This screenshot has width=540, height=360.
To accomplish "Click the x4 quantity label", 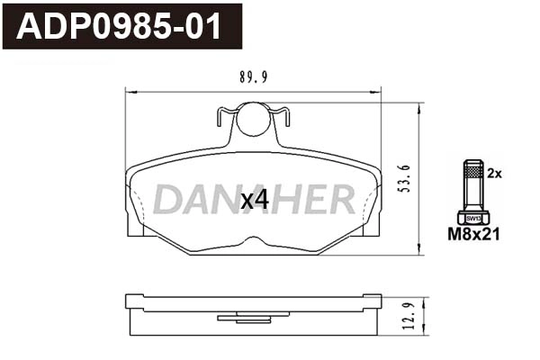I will pyautogui.click(x=256, y=200).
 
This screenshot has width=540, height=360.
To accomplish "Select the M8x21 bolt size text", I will pyautogui.click(x=473, y=235).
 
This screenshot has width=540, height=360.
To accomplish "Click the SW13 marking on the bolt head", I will pyautogui.click(x=472, y=217).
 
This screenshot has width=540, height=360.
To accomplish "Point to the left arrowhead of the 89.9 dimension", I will pyautogui.click(x=127, y=91).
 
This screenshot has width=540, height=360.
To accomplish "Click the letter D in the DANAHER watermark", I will pyautogui.click(x=168, y=200).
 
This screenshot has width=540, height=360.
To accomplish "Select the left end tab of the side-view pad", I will pyautogui.click(x=134, y=300).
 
